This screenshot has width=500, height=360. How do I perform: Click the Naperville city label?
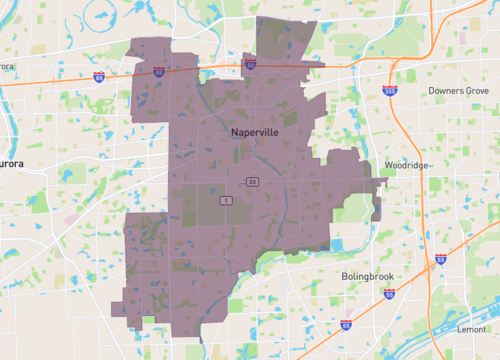point(254,131)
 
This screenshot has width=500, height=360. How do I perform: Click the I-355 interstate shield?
point(388,90)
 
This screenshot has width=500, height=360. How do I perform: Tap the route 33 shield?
point(254,181)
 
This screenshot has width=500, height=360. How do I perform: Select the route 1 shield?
point(227,201)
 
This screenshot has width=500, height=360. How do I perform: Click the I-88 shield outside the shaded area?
point(98,75)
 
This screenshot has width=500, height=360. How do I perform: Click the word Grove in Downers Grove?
point(474,90)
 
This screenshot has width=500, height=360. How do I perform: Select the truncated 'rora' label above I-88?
point(7,66)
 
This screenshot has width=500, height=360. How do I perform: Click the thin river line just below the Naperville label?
point(257,150)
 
